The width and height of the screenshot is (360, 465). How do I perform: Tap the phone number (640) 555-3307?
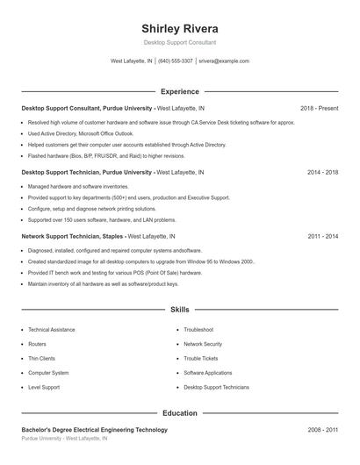(x=176, y=61)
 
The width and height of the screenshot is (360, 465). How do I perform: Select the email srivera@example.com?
(x=224, y=61)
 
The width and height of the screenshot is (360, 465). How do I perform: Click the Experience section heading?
(x=180, y=91)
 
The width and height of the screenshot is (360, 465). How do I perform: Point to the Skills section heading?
(x=180, y=310)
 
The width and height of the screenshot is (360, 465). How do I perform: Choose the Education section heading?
(x=180, y=412)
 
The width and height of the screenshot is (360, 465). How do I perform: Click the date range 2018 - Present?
(x=319, y=108)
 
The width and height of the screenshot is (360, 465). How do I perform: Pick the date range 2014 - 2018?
(x=322, y=173)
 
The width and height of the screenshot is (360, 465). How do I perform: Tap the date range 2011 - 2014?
(x=322, y=237)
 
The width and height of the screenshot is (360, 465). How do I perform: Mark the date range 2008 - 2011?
(x=322, y=430)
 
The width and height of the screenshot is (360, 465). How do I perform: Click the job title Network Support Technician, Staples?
(x=73, y=237)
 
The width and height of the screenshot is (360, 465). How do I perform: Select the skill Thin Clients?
(x=41, y=358)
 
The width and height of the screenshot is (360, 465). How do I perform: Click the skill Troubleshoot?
(x=198, y=330)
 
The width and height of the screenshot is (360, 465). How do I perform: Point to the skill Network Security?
(x=203, y=344)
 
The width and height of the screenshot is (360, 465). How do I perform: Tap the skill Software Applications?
(x=207, y=372)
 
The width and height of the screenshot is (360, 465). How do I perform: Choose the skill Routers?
(x=37, y=344)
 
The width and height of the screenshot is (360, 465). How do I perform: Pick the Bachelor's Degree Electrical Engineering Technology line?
(x=94, y=430)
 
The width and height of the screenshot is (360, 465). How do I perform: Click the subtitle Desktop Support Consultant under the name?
(x=180, y=42)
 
